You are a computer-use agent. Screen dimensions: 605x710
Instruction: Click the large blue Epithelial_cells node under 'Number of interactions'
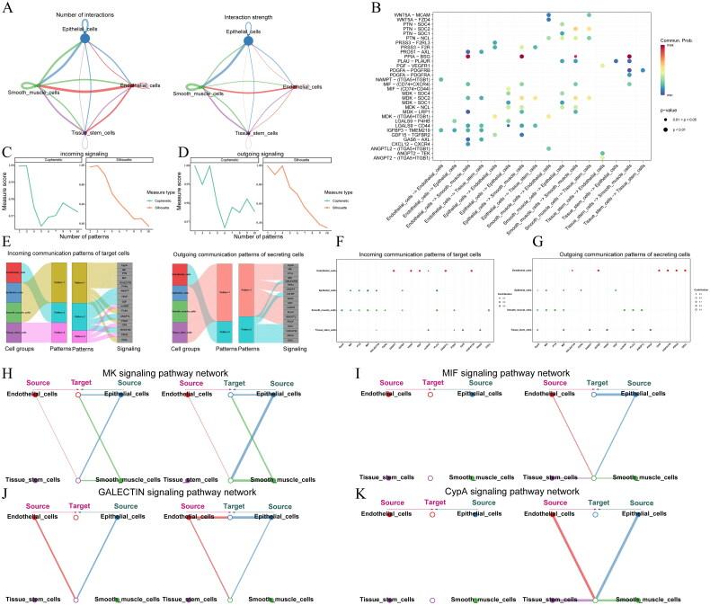click(x=86, y=39)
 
